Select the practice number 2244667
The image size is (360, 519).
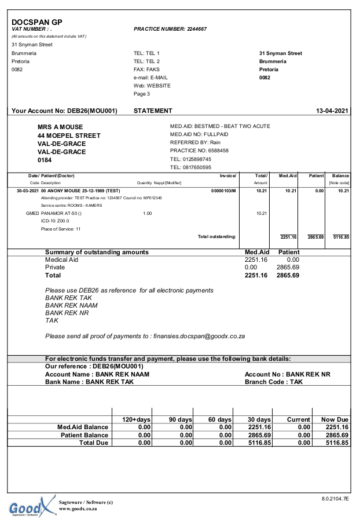click(x=197, y=28)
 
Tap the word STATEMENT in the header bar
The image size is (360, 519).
click(x=153, y=111)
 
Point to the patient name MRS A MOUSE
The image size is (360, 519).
click(x=60, y=127)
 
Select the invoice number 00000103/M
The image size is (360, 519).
click(x=223, y=190)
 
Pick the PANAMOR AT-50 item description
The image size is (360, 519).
click(x=62, y=213)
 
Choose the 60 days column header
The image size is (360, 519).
click(x=219, y=419)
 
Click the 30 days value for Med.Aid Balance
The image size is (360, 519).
click(x=259, y=427)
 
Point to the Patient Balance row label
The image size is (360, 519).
click(x=85, y=435)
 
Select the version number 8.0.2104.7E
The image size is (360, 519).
click(x=335, y=498)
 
